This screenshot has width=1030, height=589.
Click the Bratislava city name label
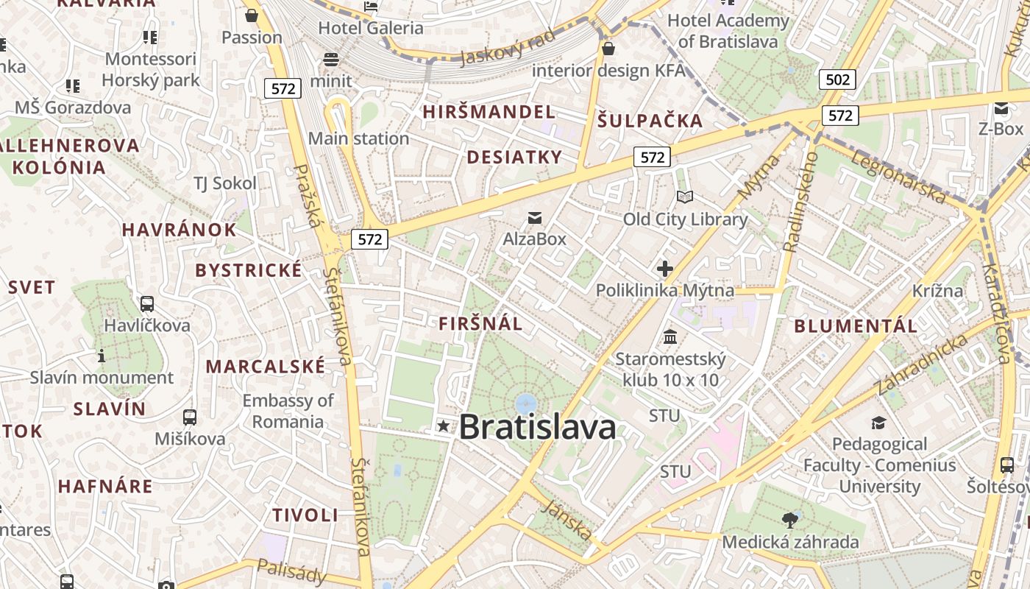(538, 427)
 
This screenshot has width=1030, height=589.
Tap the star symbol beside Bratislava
(443, 426)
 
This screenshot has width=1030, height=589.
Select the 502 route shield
(838, 80)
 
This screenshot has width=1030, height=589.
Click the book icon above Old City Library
(685, 197)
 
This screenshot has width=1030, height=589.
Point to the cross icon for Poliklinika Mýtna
(665, 269)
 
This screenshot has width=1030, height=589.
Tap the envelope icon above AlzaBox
(535, 218)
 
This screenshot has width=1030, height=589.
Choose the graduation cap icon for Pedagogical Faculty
(878, 423)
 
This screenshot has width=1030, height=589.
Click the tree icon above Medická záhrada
(790, 521)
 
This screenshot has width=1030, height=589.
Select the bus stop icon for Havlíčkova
(147, 303)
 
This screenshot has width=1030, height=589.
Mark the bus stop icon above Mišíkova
(190, 417)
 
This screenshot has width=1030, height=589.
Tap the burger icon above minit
(331, 60)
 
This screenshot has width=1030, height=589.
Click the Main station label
(358, 138)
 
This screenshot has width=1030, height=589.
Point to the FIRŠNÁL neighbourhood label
(480, 323)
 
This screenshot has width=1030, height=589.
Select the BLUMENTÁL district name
(856, 325)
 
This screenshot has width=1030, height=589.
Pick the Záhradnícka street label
(922, 364)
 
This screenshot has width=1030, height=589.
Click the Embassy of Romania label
(288, 411)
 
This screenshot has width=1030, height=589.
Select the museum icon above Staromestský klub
(670, 337)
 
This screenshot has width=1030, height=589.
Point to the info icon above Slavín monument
(102, 356)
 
